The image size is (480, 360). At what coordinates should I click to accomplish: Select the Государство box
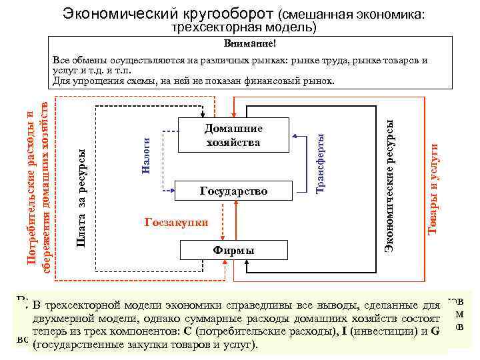tap(233, 191)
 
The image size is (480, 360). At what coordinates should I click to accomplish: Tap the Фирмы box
tap(233, 250)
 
